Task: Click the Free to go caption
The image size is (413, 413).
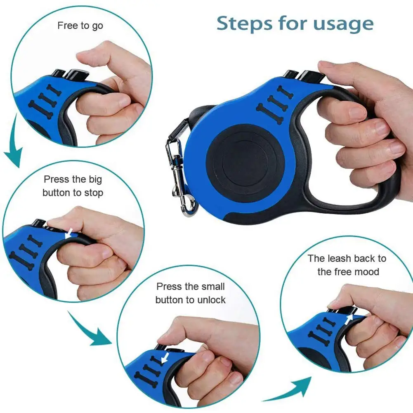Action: (x=80, y=26)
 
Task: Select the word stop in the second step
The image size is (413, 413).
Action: (x=94, y=193)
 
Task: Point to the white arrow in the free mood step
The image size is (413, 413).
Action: (x=350, y=319)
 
